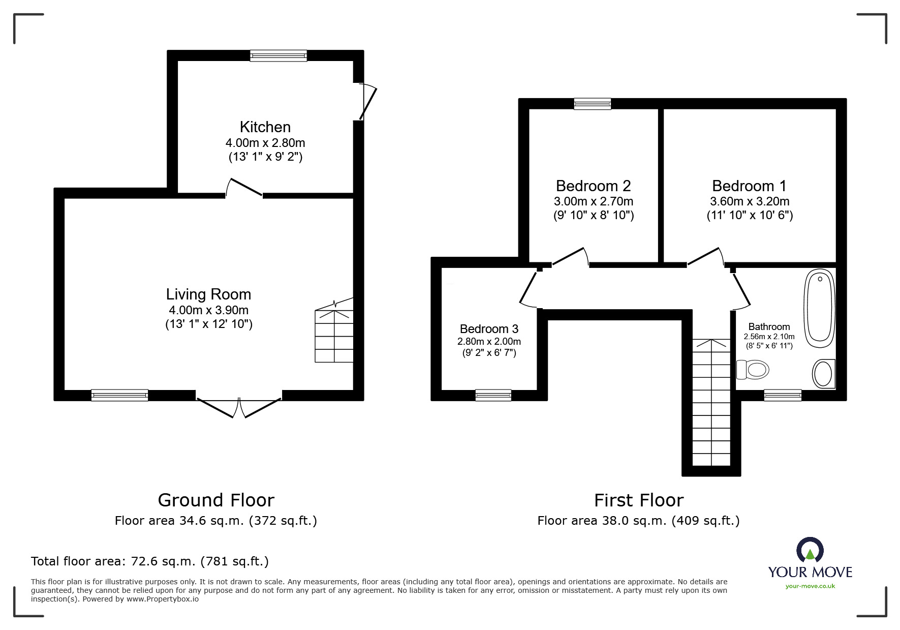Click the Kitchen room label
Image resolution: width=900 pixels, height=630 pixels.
[265, 127]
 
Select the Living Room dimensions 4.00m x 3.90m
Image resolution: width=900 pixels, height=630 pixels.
[208, 310]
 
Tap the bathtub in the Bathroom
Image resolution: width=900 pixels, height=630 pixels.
[819, 308]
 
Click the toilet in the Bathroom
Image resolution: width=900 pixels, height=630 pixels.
[753, 370]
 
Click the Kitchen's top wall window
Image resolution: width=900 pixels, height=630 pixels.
[278, 55]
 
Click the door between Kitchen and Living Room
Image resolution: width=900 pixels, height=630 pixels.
[244, 187]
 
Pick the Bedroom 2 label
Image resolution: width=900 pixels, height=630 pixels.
[593, 186]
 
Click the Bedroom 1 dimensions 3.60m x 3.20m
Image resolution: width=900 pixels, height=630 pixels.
[750, 201]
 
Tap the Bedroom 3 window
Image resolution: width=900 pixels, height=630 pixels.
[493, 395]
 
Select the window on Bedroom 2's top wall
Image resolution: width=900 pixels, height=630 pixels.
[592, 104]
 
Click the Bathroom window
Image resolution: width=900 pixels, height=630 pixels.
[783, 395]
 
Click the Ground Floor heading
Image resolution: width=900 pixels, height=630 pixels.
[216, 500]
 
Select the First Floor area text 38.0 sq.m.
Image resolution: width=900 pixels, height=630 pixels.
[638, 521]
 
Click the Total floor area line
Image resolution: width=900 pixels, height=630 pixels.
[150, 561]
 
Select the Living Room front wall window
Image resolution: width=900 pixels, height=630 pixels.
[119, 395]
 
